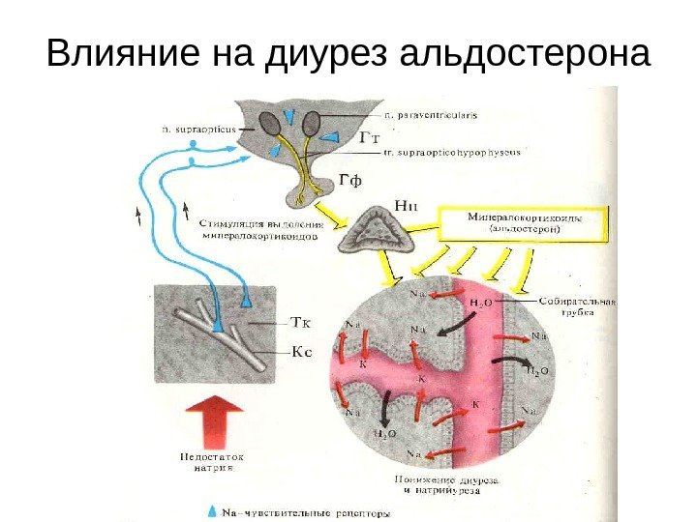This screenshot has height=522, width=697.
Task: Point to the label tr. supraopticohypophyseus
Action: pos(452,152)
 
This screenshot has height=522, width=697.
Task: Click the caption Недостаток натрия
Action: pos(211,461)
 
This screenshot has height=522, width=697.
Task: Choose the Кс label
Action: pos(302,353)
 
